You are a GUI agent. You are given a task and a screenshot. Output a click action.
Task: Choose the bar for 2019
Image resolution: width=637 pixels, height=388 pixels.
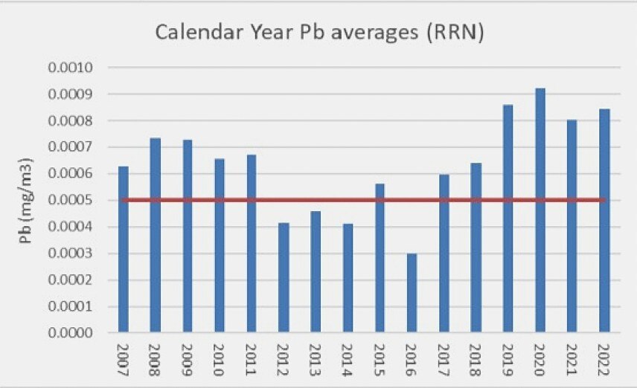(508, 219)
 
